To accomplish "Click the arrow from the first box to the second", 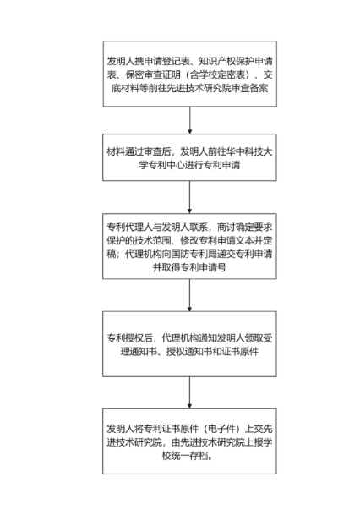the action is pyautogui.click(x=189, y=120).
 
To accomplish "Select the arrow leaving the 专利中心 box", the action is pyautogui.click(x=189, y=197).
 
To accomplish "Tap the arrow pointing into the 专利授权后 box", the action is pyautogui.click(x=189, y=295).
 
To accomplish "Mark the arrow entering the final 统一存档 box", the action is pyautogui.click(x=189, y=392).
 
